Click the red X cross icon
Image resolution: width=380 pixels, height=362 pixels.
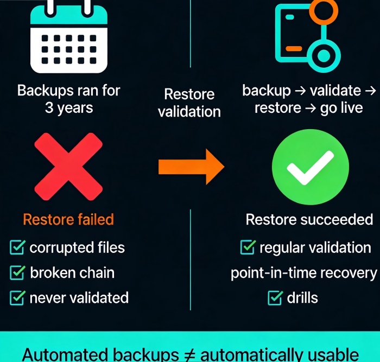68,167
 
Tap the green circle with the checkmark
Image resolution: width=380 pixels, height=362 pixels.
311,167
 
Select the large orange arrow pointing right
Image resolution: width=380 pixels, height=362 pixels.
192,167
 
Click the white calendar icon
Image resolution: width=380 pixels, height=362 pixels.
69,36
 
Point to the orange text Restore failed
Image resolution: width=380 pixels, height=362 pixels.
68,219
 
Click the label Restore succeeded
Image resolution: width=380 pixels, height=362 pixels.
309,219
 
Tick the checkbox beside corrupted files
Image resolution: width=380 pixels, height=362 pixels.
17,247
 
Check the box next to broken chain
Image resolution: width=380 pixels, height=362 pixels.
17,272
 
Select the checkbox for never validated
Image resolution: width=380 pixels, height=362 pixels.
17,298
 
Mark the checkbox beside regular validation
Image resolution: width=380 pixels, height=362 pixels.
248,247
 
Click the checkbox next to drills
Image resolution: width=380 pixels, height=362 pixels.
275,298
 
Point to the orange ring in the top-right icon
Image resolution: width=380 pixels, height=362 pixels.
324,11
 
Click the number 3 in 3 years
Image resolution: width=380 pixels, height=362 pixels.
49,108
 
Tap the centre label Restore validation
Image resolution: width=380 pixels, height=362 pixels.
189,103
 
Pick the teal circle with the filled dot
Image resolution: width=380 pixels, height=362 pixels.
324,56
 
